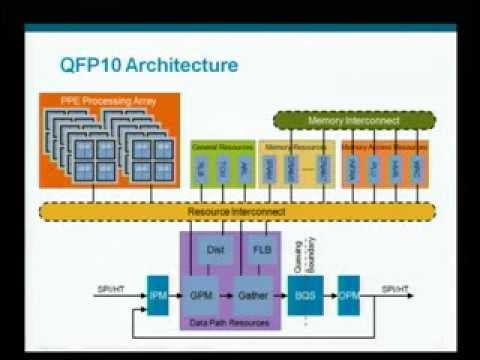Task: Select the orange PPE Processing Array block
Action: pyautogui.click(x=110, y=140)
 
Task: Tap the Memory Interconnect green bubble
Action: pyautogui.click(x=354, y=120)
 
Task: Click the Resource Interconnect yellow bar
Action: pyautogui.click(x=237, y=212)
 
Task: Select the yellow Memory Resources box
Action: pyautogui.click(x=297, y=164)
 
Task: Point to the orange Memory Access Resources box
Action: pyautogui.click(x=385, y=164)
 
